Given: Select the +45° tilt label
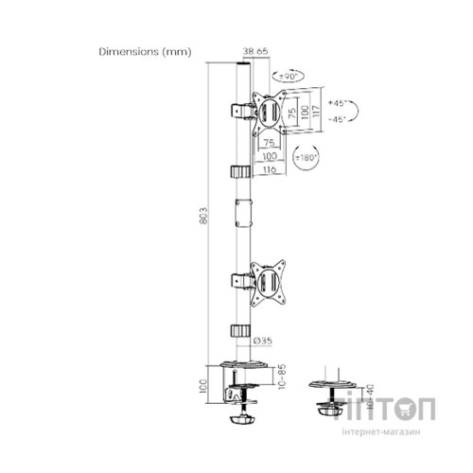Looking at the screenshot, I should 338,101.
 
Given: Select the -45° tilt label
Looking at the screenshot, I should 338,117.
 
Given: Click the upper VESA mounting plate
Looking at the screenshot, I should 269,111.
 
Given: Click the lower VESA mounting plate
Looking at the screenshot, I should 269,280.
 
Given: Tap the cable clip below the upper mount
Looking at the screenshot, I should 239,171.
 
